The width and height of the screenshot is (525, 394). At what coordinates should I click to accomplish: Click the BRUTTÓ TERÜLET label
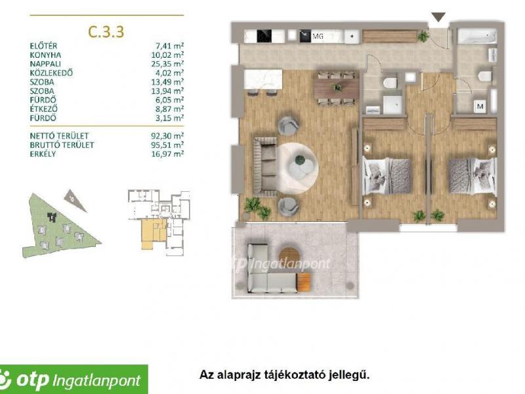63,144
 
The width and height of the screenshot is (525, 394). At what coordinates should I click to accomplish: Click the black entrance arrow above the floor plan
438,17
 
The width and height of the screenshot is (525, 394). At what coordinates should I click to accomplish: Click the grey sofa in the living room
266,166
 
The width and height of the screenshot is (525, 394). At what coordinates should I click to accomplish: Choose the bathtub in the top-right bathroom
478,37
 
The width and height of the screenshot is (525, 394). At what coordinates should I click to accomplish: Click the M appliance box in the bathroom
480,105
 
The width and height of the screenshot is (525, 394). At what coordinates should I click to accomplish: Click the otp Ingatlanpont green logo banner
73,378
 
